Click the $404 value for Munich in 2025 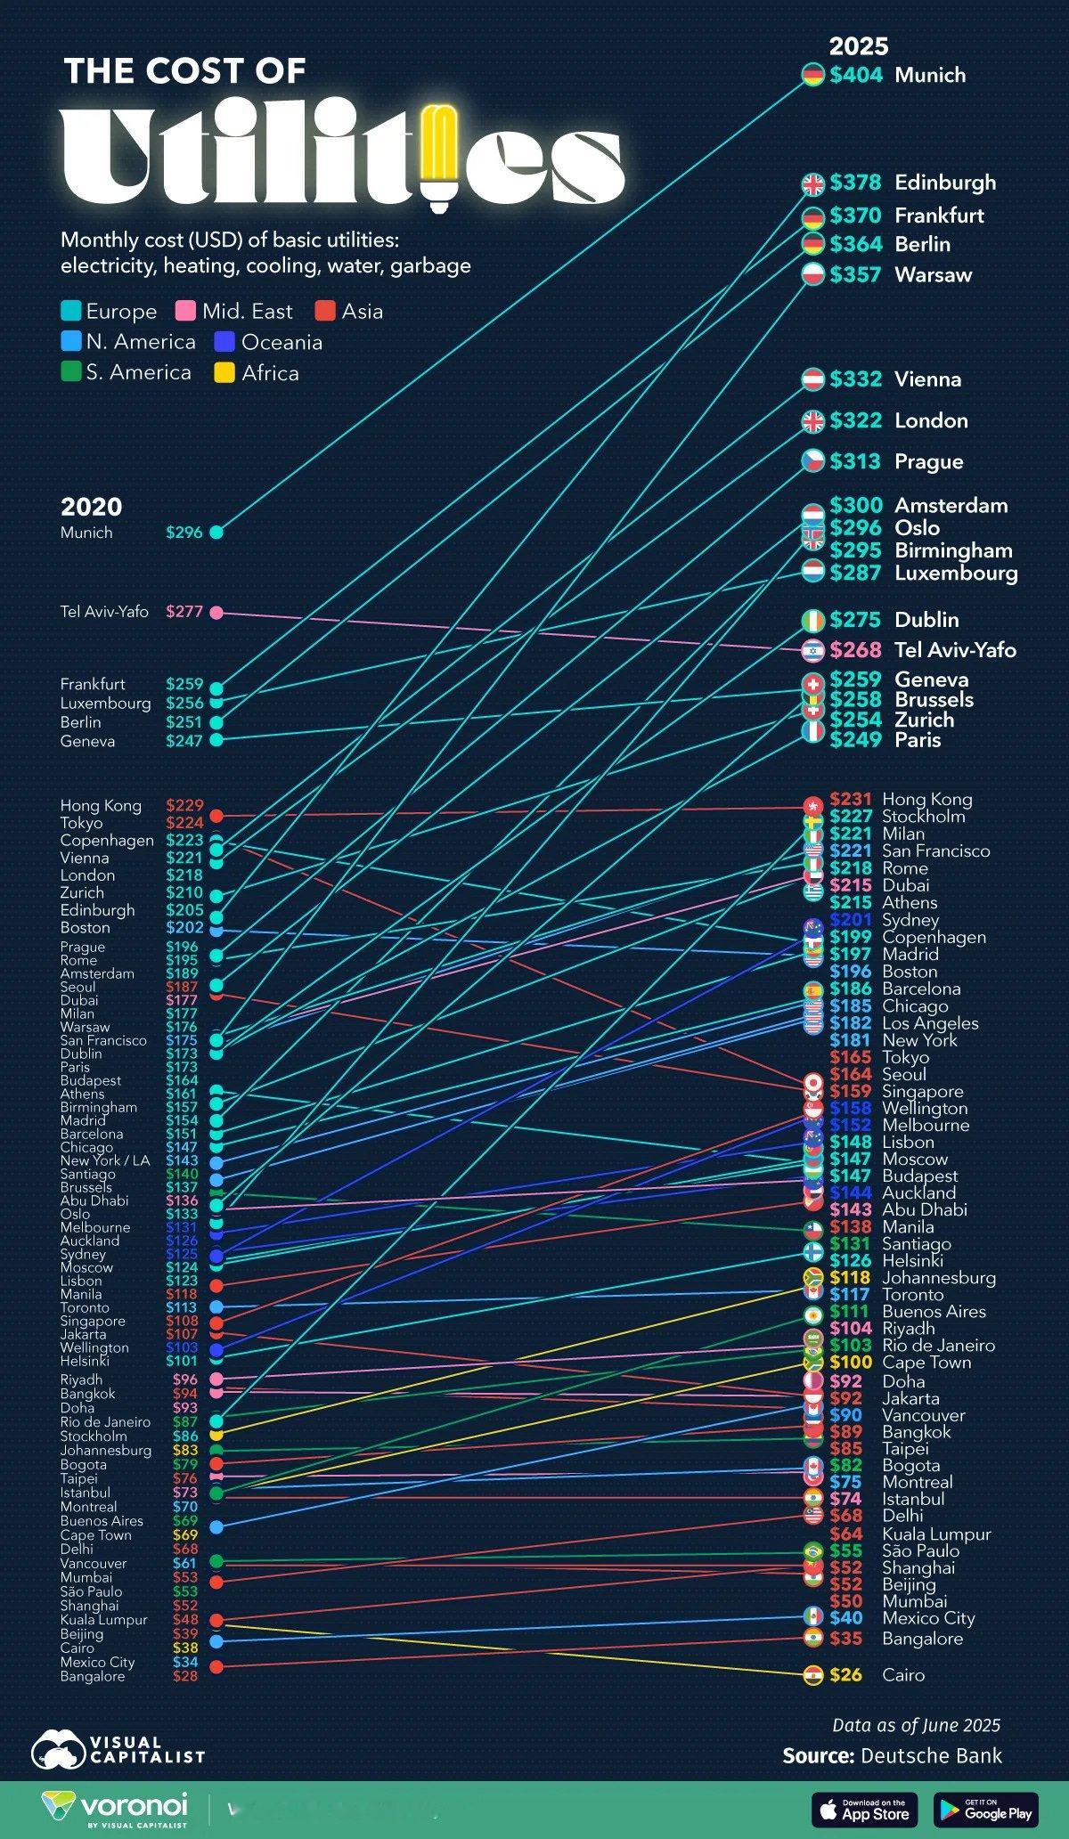[856, 76]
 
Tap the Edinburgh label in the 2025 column [945, 183]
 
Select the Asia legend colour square [326, 312]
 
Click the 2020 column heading [91, 507]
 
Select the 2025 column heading [859, 46]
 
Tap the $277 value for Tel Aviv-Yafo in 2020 [184, 612]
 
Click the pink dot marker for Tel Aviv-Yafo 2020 [216, 612]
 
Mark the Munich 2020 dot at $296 [216, 533]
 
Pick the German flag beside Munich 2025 [812, 76]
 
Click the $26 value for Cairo [845, 1675]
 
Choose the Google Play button [985, 1810]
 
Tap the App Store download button [865, 1810]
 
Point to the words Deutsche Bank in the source [931, 1755]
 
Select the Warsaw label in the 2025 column [933, 274]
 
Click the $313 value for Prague [856, 461]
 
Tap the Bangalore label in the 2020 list [93, 1676]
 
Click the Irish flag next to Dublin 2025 [812, 620]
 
